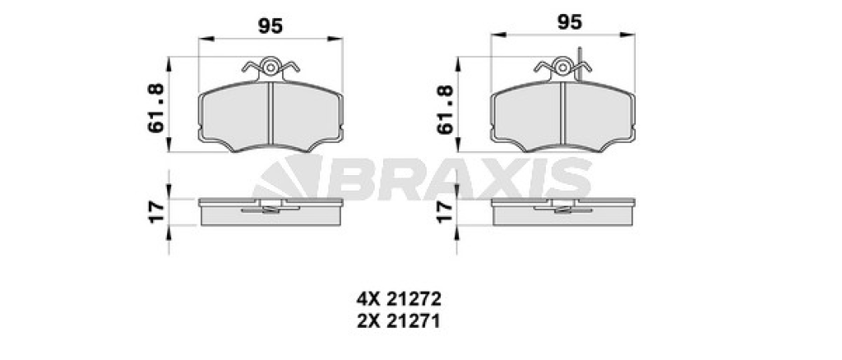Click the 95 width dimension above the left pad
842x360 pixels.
click(x=270, y=25)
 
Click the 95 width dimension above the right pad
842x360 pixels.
click(x=570, y=22)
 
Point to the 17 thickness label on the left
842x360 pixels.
click(x=155, y=212)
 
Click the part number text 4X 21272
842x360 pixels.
click(x=399, y=298)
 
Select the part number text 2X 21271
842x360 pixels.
click(x=399, y=321)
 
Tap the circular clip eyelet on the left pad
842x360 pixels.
click(x=270, y=67)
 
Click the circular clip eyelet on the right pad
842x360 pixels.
click(x=562, y=67)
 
